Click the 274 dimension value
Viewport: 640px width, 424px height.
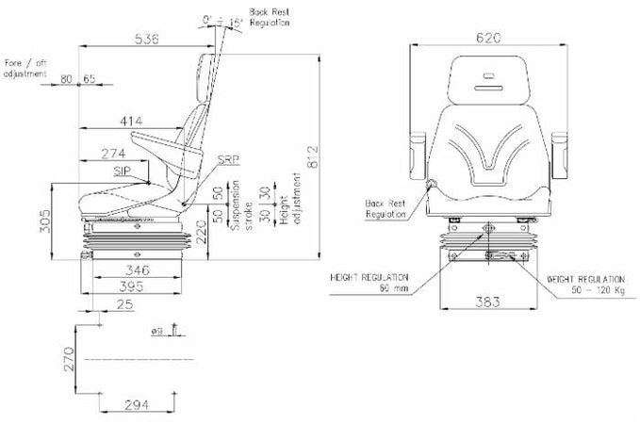112,152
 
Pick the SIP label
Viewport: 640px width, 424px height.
123,171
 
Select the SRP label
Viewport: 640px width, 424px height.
228,160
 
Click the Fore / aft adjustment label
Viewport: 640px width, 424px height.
26,67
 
